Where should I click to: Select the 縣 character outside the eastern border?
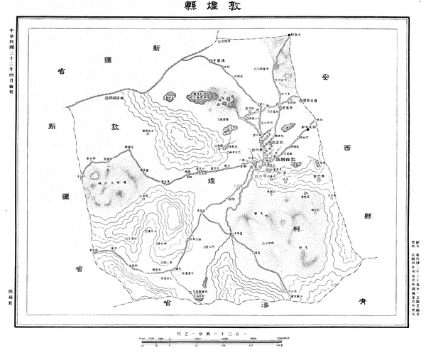pyautogui.click(x=368, y=215)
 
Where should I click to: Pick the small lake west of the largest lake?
pyautogui.click(x=169, y=95)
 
